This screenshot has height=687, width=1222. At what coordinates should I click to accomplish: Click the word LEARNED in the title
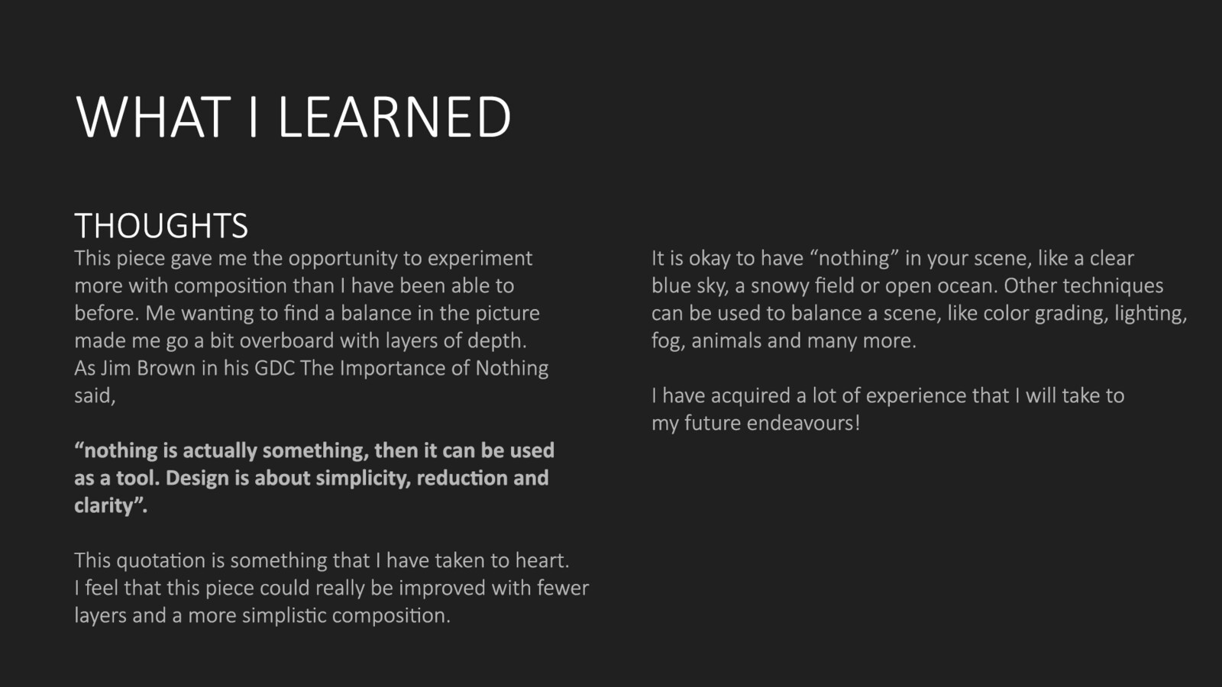[x=394, y=117]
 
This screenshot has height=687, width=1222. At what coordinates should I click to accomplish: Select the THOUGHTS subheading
[x=161, y=226]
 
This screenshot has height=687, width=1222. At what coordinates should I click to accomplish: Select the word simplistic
[x=284, y=616]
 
